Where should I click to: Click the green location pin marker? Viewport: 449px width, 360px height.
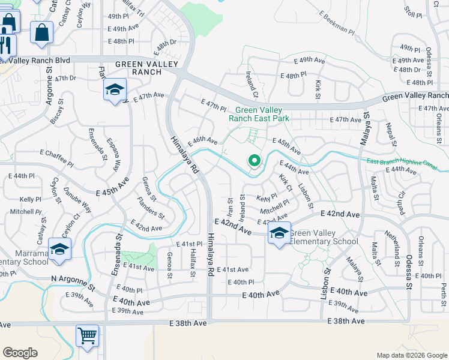(255, 161)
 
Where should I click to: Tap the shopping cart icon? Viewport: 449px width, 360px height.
(88, 336)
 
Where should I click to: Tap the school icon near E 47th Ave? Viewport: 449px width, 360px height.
(114, 91)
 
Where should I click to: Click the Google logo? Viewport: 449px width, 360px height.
(20, 352)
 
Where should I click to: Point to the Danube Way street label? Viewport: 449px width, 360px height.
(79, 199)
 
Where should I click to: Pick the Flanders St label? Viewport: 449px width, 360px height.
(151, 210)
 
